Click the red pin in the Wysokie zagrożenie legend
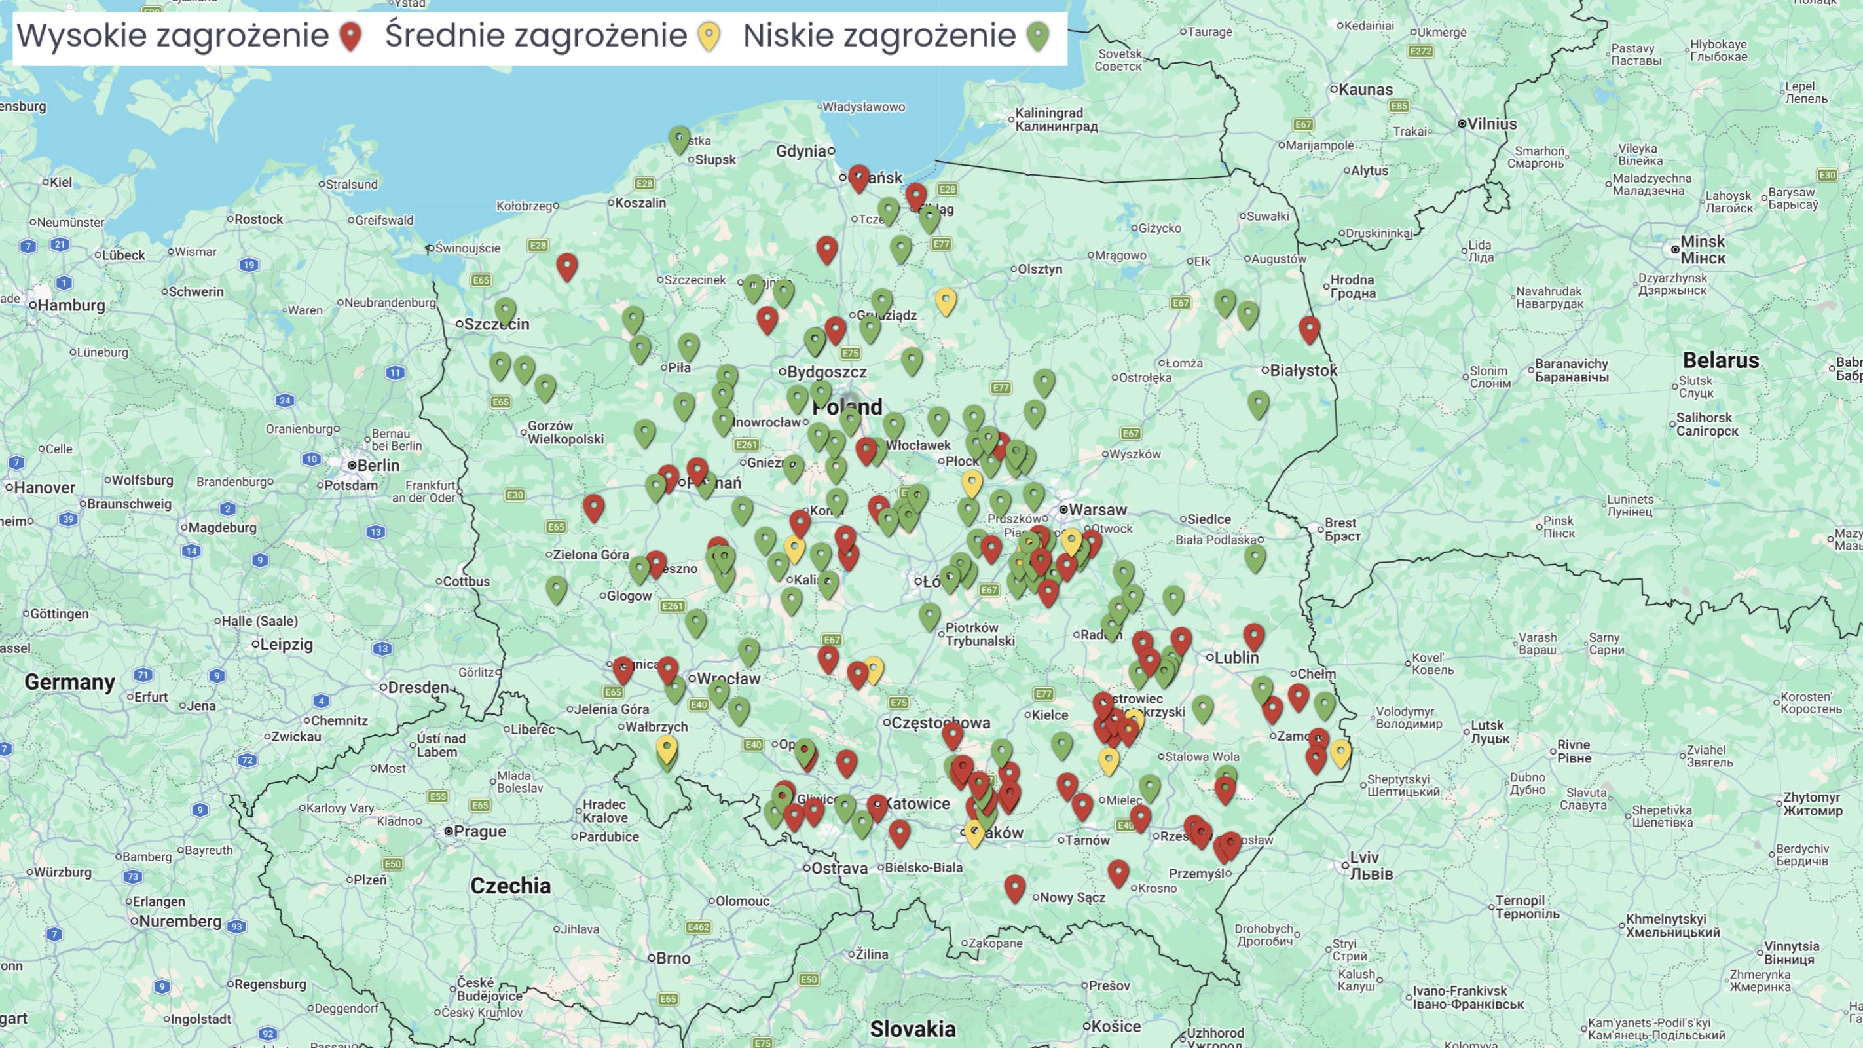(x=351, y=35)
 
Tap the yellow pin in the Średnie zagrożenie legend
(x=709, y=35)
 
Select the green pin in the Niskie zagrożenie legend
(x=1038, y=35)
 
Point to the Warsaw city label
(x=1097, y=509)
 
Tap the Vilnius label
(x=1491, y=124)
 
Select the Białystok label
(x=1303, y=370)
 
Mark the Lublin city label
(x=1236, y=658)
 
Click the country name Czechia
(x=511, y=886)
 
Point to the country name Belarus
(x=1720, y=360)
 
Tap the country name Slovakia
(x=913, y=1028)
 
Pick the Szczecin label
(x=496, y=324)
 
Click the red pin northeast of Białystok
(x=1309, y=327)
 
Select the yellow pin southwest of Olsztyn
(x=945, y=299)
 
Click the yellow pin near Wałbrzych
(x=666, y=748)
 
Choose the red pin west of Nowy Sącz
(x=1015, y=887)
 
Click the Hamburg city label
(x=71, y=305)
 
